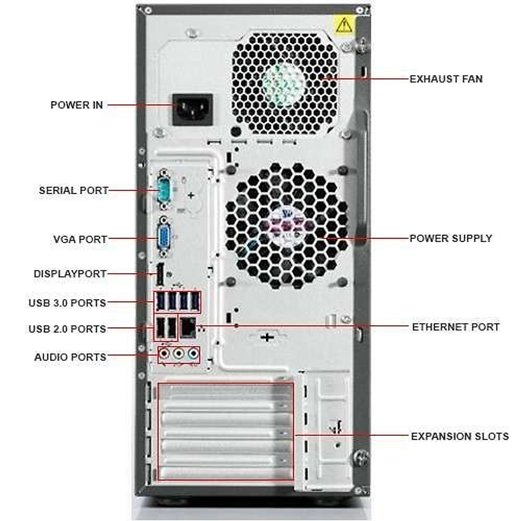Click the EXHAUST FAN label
[446, 79]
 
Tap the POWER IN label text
[77, 105]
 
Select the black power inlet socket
[193, 109]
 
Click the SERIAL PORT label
[73, 190]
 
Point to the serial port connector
[164, 190]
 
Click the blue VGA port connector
[164, 238]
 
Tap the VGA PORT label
[80, 239]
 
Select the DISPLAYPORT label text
[70, 274]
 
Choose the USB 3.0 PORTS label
[67, 303]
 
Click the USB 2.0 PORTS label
[67, 329]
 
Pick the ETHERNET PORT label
[455, 327]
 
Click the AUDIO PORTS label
[70, 357]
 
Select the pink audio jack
[164, 354]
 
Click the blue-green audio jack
[192, 354]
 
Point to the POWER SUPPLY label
[451, 238]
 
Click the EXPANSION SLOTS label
[460, 436]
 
